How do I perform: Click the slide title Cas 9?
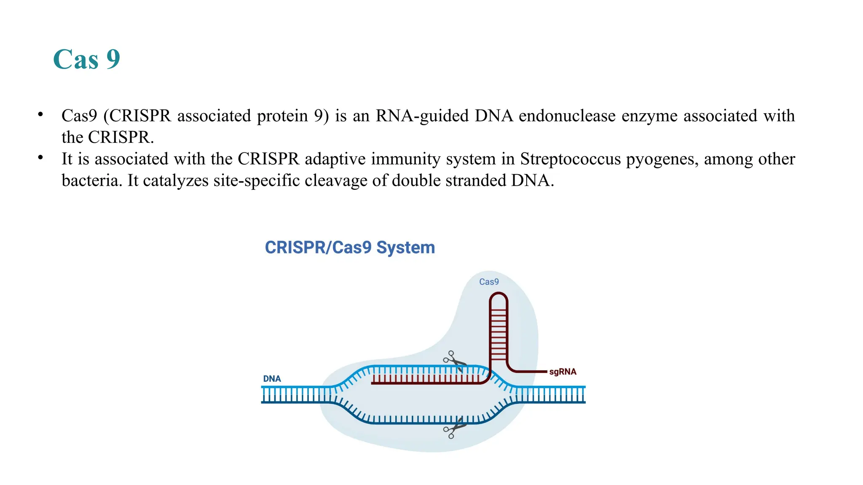click(x=86, y=59)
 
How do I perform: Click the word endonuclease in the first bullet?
click(x=567, y=116)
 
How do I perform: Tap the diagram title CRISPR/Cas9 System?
click(x=350, y=248)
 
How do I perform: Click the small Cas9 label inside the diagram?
click(x=489, y=282)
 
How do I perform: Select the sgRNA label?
click(x=563, y=372)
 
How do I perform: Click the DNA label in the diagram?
click(x=272, y=379)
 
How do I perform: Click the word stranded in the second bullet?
click(x=476, y=181)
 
